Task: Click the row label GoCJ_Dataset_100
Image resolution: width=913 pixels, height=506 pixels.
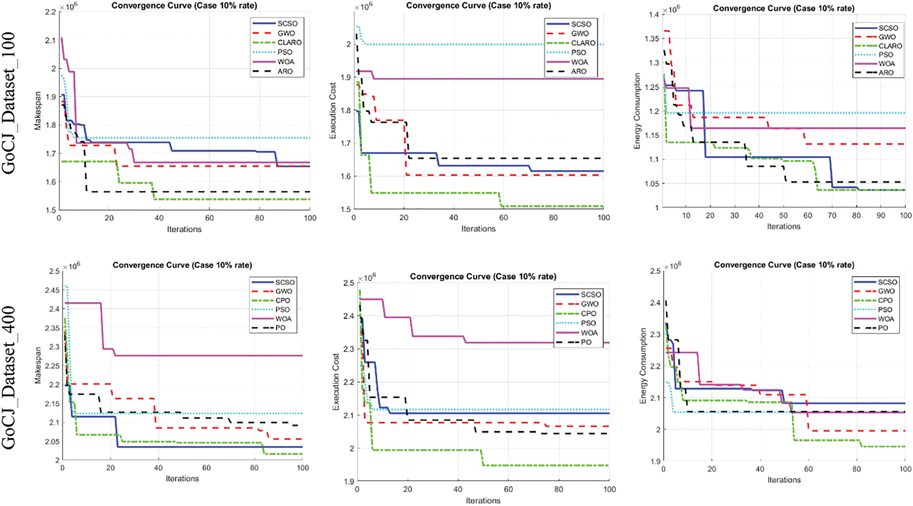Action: point(9,103)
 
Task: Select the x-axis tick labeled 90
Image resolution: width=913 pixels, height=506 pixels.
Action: point(881,216)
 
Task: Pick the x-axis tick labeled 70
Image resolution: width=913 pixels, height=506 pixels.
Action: point(832,216)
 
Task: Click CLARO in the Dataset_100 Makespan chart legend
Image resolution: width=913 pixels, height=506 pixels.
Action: point(289,42)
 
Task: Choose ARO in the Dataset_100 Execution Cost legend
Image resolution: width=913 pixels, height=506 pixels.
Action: point(579,71)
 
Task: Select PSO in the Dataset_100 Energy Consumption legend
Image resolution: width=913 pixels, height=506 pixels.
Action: point(886,55)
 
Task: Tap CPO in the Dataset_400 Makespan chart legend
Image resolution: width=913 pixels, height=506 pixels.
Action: point(283,301)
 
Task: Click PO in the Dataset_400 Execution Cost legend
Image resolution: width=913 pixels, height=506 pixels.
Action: point(586,342)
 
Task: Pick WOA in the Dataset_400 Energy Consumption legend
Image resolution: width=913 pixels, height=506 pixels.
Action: point(886,319)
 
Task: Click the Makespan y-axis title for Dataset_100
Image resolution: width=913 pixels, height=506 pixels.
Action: point(38,111)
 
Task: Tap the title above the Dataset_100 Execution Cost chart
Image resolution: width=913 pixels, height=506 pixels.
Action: point(478,6)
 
